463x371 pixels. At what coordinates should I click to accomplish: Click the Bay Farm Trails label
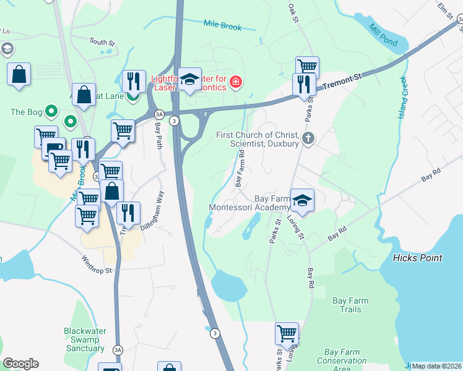[350, 305]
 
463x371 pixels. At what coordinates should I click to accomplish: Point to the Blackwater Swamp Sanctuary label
[85, 339]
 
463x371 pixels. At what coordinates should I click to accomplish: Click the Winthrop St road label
[97, 266]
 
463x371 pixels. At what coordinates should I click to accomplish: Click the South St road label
[102, 43]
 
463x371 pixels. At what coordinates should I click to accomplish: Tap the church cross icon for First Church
[309, 139]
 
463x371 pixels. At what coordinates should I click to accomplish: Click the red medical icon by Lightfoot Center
[235, 82]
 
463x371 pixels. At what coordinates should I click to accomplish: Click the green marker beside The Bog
[51, 112]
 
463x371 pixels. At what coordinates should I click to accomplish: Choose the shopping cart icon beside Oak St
[307, 66]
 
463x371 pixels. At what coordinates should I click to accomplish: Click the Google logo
[20, 364]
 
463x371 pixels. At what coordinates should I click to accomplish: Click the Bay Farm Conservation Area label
[342, 360]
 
